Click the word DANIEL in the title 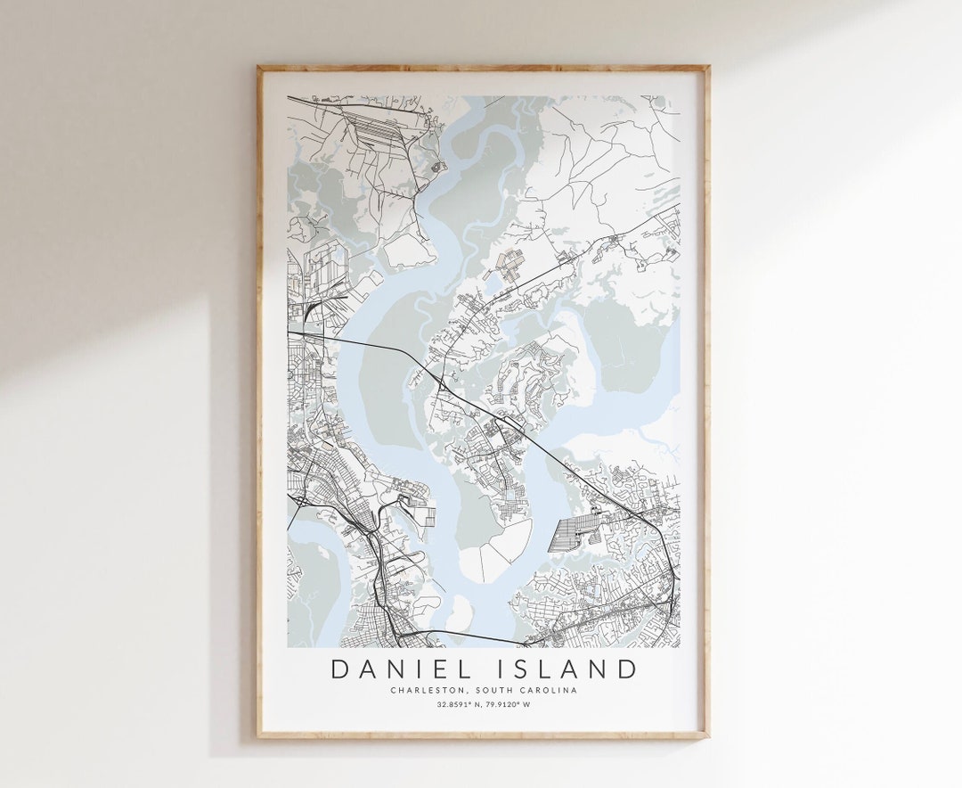tap(395, 669)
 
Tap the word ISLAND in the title tap(568, 669)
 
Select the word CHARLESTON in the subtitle tap(423, 690)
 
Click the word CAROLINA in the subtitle tap(548, 690)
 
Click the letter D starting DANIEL tap(339, 669)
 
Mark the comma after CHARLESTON tap(458, 692)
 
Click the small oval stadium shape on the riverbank tap(436, 166)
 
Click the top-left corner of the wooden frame tap(259, 68)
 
